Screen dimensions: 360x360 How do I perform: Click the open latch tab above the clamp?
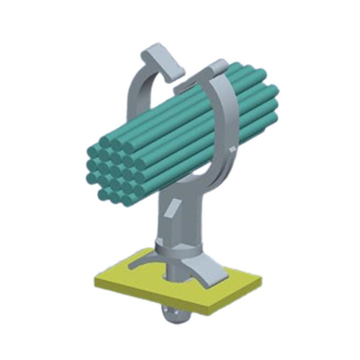(162, 57)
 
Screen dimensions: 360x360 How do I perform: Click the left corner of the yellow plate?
(97, 281)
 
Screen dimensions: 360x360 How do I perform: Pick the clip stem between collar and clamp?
(180, 220)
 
